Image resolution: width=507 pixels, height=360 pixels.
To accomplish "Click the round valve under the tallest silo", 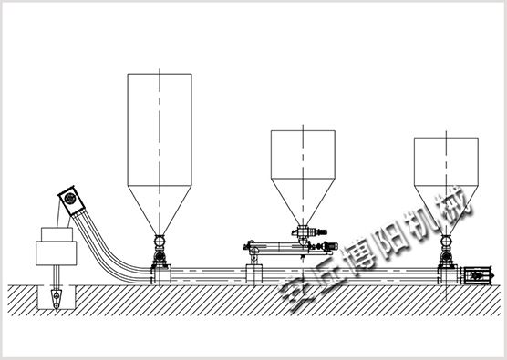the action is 160,241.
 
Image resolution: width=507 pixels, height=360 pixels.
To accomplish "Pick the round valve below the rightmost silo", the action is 446,241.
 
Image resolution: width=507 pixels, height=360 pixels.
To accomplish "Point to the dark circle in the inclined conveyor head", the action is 69,199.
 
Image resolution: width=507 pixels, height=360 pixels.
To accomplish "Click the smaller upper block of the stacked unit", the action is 57,234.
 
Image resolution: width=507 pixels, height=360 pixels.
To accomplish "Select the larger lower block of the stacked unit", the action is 57,253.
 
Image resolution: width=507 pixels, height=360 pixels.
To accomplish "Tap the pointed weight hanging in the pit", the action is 57,299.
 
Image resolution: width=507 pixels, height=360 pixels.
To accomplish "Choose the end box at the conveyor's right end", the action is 478,275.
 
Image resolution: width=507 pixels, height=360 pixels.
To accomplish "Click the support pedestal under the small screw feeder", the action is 253,274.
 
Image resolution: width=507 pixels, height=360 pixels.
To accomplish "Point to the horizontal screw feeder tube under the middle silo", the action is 278,247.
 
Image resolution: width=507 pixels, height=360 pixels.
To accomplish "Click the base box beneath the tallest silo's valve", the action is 160,274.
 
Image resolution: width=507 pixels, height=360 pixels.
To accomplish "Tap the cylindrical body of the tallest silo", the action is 160,129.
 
